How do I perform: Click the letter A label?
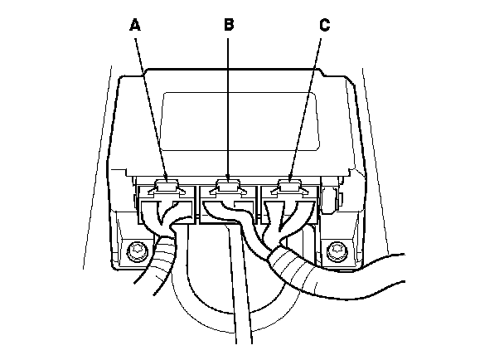point(135,26)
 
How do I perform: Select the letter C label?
point(324,26)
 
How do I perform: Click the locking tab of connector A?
point(170,184)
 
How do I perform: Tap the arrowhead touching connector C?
point(291,176)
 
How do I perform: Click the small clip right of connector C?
point(329,199)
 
